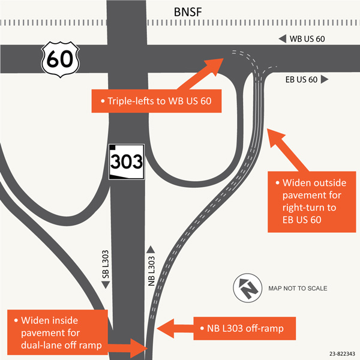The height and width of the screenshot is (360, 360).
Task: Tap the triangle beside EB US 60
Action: coord(325,79)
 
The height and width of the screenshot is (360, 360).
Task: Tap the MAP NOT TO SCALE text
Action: coord(298,289)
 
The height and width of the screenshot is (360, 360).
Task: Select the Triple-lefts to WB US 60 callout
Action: coord(156,101)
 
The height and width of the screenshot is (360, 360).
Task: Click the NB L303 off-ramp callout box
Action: coord(239,329)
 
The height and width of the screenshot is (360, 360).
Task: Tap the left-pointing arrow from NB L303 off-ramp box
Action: coord(174,329)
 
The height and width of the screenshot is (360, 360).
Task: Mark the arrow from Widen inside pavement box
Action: coord(127,346)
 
